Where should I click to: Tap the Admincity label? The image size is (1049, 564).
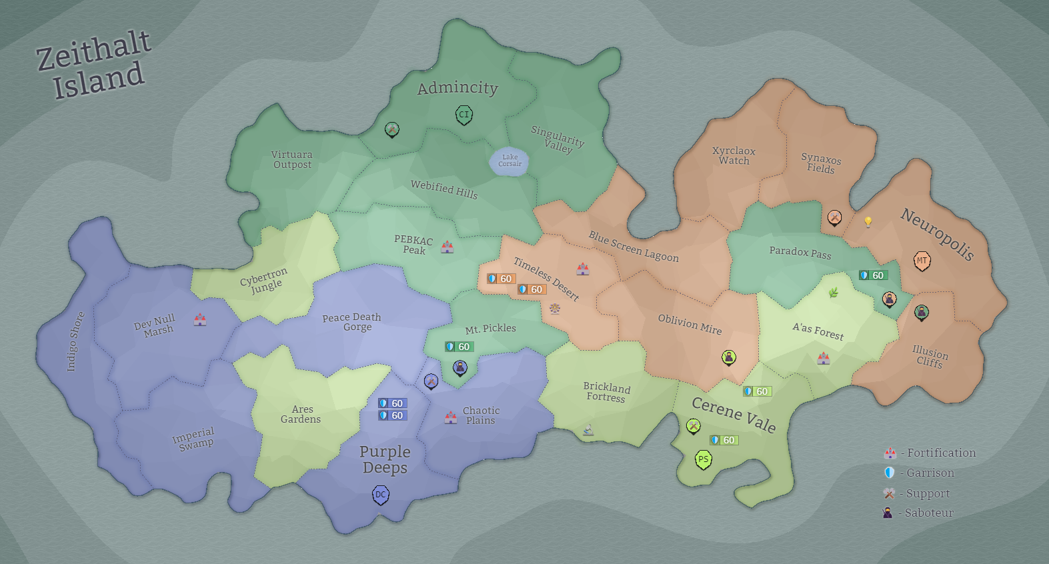click(x=457, y=88)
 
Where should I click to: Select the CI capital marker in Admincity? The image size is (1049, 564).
click(x=464, y=115)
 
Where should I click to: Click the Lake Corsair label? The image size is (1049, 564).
click(x=510, y=161)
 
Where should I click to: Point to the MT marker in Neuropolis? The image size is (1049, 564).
click(x=922, y=261)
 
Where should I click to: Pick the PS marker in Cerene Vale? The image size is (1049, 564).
click(x=703, y=459)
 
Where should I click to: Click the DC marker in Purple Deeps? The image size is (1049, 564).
click(x=380, y=495)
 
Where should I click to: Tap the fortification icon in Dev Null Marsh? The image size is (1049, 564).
click(x=200, y=319)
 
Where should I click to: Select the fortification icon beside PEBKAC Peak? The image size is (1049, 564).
click(x=447, y=247)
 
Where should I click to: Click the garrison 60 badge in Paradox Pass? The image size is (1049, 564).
click(x=873, y=275)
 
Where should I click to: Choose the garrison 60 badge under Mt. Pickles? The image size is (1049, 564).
click(x=459, y=347)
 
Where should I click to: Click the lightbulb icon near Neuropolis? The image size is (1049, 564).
click(x=868, y=221)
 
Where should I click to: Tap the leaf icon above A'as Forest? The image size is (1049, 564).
click(x=833, y=292)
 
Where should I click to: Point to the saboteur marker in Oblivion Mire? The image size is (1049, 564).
click(x=729, y=357)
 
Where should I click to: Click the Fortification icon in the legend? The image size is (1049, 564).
click(x=890, y=453)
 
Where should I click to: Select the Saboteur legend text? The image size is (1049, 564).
click(x=929, y=513)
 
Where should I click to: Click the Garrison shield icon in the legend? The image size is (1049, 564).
click(x=889, y=473)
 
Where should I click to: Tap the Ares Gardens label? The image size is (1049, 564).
click(x=301, y=414)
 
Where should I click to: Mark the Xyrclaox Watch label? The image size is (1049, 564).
click(x=734, y=155)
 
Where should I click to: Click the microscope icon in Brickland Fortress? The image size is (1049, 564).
click(x=588, y=429)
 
